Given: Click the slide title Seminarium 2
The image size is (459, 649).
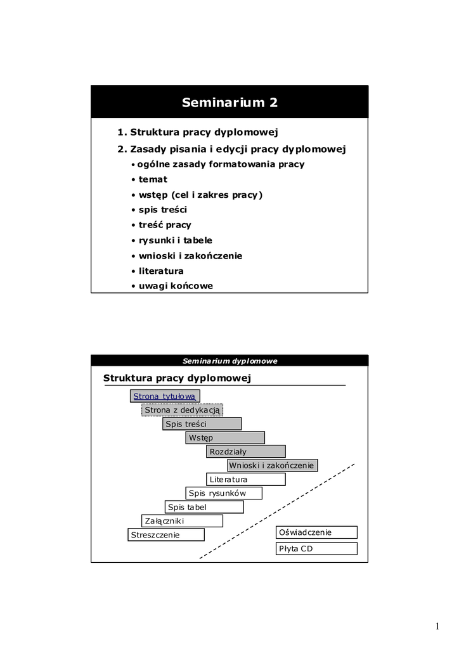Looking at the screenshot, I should pos(229,103).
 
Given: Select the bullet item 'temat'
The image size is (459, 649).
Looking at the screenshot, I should pos(153,179).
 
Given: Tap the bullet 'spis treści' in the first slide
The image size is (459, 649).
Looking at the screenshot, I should pos(163,210).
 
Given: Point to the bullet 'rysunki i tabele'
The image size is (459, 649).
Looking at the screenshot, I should pos(176,240).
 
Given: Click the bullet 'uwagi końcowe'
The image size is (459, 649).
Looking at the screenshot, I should pos(176,286).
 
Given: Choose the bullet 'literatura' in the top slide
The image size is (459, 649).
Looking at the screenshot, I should pos(161,271).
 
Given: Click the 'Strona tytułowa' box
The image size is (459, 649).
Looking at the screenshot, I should pos(165,396).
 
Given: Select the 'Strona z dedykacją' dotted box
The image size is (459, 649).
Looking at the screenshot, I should pos(182,410).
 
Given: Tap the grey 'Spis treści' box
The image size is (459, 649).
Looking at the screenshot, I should pos(202,424).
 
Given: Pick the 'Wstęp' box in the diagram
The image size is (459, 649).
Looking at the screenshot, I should pos(225,438).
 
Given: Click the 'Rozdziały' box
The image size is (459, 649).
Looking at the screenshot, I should pos(245,452).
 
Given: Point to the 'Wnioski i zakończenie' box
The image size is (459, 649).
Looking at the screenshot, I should pos(271,466).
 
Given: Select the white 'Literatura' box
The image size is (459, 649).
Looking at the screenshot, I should pos(245,480).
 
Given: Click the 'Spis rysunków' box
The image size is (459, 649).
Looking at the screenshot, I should pos(224,493).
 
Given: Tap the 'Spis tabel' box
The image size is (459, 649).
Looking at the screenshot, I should pos(204,507).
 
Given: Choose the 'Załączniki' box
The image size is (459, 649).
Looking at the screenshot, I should pos(182,521).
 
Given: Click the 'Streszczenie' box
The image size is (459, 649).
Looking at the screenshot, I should pos(166,535).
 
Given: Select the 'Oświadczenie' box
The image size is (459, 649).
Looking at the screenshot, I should pos(316,532).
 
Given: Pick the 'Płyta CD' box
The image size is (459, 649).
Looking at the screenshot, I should pos(316,549).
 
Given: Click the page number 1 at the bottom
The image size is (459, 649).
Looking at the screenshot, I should pos(437,627).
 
